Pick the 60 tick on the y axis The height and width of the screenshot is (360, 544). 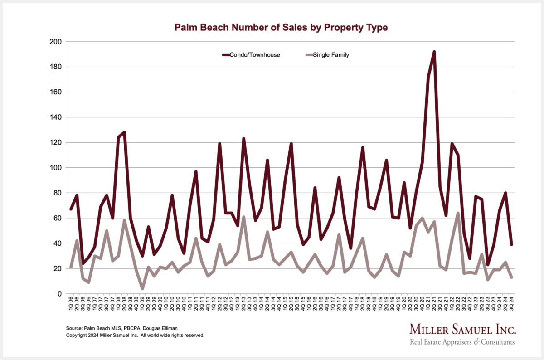coord(58,218)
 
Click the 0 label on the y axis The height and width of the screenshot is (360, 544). coord(59,294)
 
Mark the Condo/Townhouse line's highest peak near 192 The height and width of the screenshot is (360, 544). coord(434,52)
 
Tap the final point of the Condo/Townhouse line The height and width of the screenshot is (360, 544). coord(511,244)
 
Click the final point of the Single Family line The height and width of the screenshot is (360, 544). coord(511,277)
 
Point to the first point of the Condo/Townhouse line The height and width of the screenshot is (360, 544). coord(71,209)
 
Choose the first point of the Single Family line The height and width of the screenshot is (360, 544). coord(71,267)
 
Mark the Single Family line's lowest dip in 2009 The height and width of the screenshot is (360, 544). coord(142,288)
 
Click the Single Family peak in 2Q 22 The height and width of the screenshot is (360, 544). coord(458,213)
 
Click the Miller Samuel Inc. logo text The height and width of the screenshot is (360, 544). coord(462,330)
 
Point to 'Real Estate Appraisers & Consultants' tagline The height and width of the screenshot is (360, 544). coord(462,342)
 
